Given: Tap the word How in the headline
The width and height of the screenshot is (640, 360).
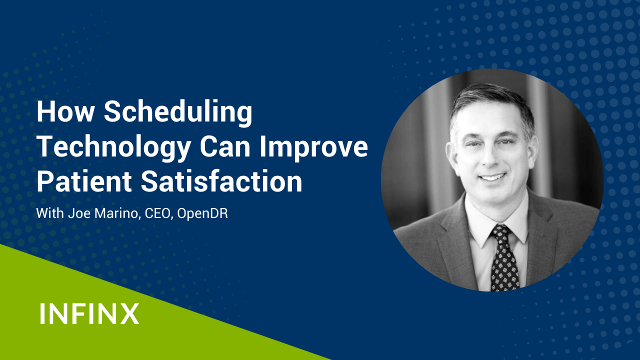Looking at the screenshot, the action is tap(65, 111).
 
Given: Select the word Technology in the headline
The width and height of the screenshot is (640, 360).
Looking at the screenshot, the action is tap(113, 148).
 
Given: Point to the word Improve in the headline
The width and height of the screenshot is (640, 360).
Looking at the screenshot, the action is tap(313, 148).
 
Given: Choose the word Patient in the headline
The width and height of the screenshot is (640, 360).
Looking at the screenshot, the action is tap(84, 181).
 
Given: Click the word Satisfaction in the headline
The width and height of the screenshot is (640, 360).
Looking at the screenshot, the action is tap(221, 181).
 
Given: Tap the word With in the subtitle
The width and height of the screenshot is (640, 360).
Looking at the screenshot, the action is tap(49, 213).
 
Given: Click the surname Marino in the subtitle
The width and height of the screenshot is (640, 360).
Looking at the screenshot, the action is tap(117, 213).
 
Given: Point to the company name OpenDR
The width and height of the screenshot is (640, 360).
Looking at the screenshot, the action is tap(202, 213).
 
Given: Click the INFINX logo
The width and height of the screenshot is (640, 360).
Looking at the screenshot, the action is tap(89, 313).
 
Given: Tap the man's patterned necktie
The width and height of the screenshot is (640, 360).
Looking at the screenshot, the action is tap(504, 259).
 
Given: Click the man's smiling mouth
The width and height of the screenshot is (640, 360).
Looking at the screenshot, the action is tap(492, 177).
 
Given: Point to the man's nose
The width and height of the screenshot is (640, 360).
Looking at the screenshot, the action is tap(491, 157).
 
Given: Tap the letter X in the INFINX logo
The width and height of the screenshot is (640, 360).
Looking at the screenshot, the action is tap(129, 313).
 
